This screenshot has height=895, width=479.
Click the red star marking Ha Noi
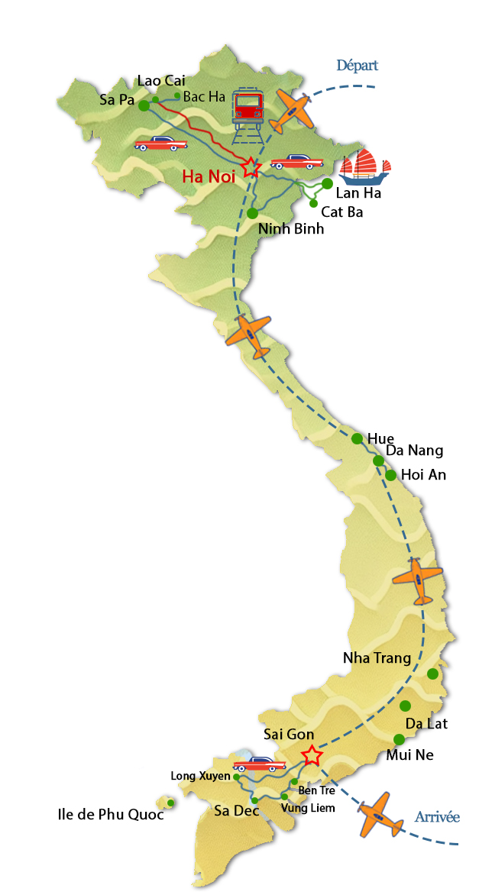tap(251, 167)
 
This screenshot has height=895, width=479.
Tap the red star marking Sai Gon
tap(311, 756)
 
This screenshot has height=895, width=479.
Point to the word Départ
tap(356, 66)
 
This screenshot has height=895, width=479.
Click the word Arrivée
tap(437, 817)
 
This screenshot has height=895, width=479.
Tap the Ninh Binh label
tap(291, 229)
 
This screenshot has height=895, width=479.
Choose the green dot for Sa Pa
tap(144, 106)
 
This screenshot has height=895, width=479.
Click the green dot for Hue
tap(357, 438)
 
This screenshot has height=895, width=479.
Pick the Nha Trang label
tap(377, 658)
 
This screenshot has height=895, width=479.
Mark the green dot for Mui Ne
tap(399, 738)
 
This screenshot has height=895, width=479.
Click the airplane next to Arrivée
tap(379, 815)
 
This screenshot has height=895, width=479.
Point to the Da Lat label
tap(426, 723)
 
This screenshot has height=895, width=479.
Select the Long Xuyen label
tap(200, 776)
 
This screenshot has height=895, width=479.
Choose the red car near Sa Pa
tap(161, 143)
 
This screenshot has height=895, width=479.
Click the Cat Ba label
tap(341, 212)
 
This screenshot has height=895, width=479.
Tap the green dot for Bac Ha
tap(177, 95)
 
